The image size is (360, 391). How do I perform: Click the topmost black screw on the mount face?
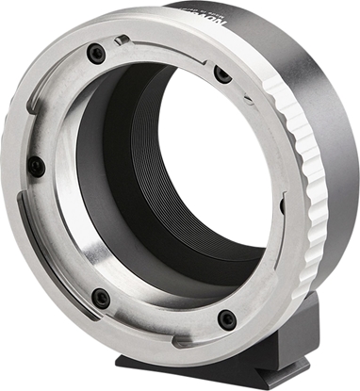click(96, 55)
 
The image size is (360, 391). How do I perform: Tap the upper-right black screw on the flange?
click(222, 73)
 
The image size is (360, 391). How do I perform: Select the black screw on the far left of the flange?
click(36, 167)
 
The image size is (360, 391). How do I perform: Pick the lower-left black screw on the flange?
click(101, 299)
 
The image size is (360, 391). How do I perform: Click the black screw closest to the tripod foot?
click(226, 319)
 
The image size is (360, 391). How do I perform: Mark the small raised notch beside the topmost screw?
click(121, 41)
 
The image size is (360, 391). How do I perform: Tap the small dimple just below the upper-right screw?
click(230, 95)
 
